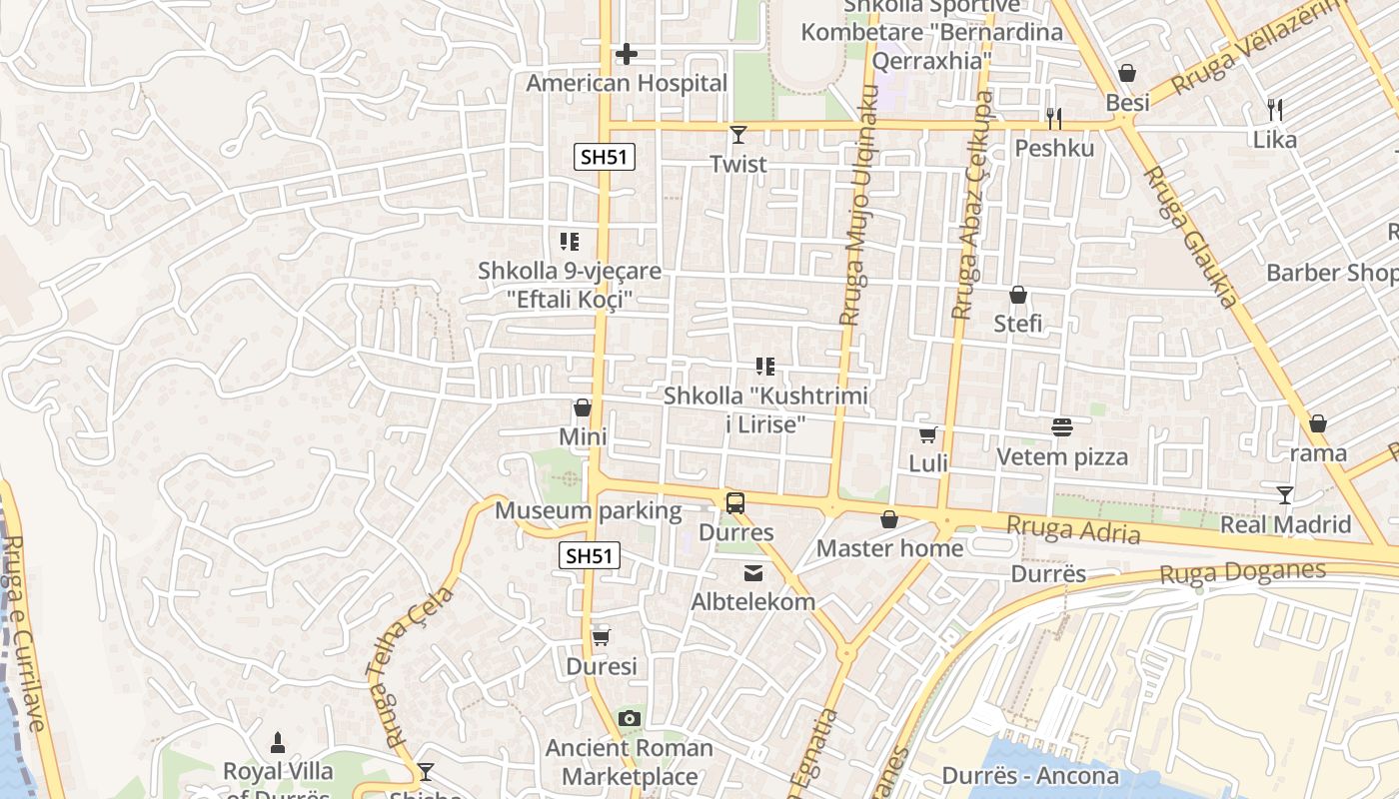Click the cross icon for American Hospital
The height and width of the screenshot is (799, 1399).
[627, 53]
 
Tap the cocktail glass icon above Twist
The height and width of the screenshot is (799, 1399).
[738, 135]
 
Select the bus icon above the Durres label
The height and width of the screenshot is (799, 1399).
[735, 502]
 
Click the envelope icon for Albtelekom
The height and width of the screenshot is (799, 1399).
[752, 572]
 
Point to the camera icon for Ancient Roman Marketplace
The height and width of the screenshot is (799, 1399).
[629, 718]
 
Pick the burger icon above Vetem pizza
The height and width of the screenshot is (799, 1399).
[1062, 427]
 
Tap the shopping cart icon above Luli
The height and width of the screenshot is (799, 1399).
[928, 434]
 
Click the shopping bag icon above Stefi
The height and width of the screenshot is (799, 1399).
[1018, 295]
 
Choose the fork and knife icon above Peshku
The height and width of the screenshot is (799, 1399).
[1054, 119]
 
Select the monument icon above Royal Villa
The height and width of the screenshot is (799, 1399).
[278, 742]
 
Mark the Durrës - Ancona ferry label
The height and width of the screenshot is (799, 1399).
[1030, 776]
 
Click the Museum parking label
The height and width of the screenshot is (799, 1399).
[589, 511]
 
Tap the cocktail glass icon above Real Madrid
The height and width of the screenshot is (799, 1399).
[1285, 494]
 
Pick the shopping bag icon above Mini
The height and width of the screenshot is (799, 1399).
[583, 407]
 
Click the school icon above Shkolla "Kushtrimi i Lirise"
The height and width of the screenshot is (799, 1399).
[765, 367]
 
